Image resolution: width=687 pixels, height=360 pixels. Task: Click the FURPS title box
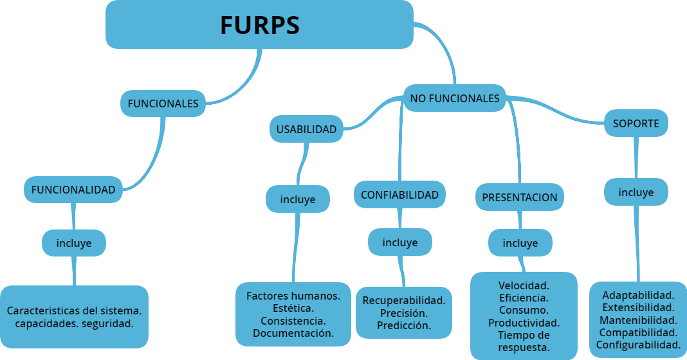point(259,24)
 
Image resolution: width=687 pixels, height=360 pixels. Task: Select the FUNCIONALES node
point(163,104)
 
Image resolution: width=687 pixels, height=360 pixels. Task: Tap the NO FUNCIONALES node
point(455,98)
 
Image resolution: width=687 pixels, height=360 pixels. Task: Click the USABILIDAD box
point(306,129)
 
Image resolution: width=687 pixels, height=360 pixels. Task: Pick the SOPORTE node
point(636,123)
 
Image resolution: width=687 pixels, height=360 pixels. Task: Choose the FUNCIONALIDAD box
point(73,190)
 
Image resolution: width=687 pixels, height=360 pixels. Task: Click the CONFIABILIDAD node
point(399,195)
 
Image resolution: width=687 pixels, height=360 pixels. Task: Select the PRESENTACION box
point(520,197)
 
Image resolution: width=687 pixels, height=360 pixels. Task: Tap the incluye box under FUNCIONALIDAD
point(74,243)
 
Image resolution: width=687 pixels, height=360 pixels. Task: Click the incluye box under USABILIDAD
point(298,199)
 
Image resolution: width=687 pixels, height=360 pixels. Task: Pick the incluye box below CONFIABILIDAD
point(400,242)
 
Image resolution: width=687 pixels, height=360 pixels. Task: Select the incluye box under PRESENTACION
point(520,243)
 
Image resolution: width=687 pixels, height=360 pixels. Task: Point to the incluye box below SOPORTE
point(636,192)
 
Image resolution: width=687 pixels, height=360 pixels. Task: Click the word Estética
point(293,309)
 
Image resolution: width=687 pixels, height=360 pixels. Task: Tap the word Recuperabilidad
point(404,300)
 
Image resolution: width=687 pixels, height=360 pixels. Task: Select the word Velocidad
point(524,285)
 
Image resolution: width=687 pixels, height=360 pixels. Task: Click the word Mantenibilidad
point(638,320)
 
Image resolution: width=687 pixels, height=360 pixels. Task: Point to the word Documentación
point(293,333)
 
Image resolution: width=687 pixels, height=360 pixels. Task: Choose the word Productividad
point(524,323)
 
